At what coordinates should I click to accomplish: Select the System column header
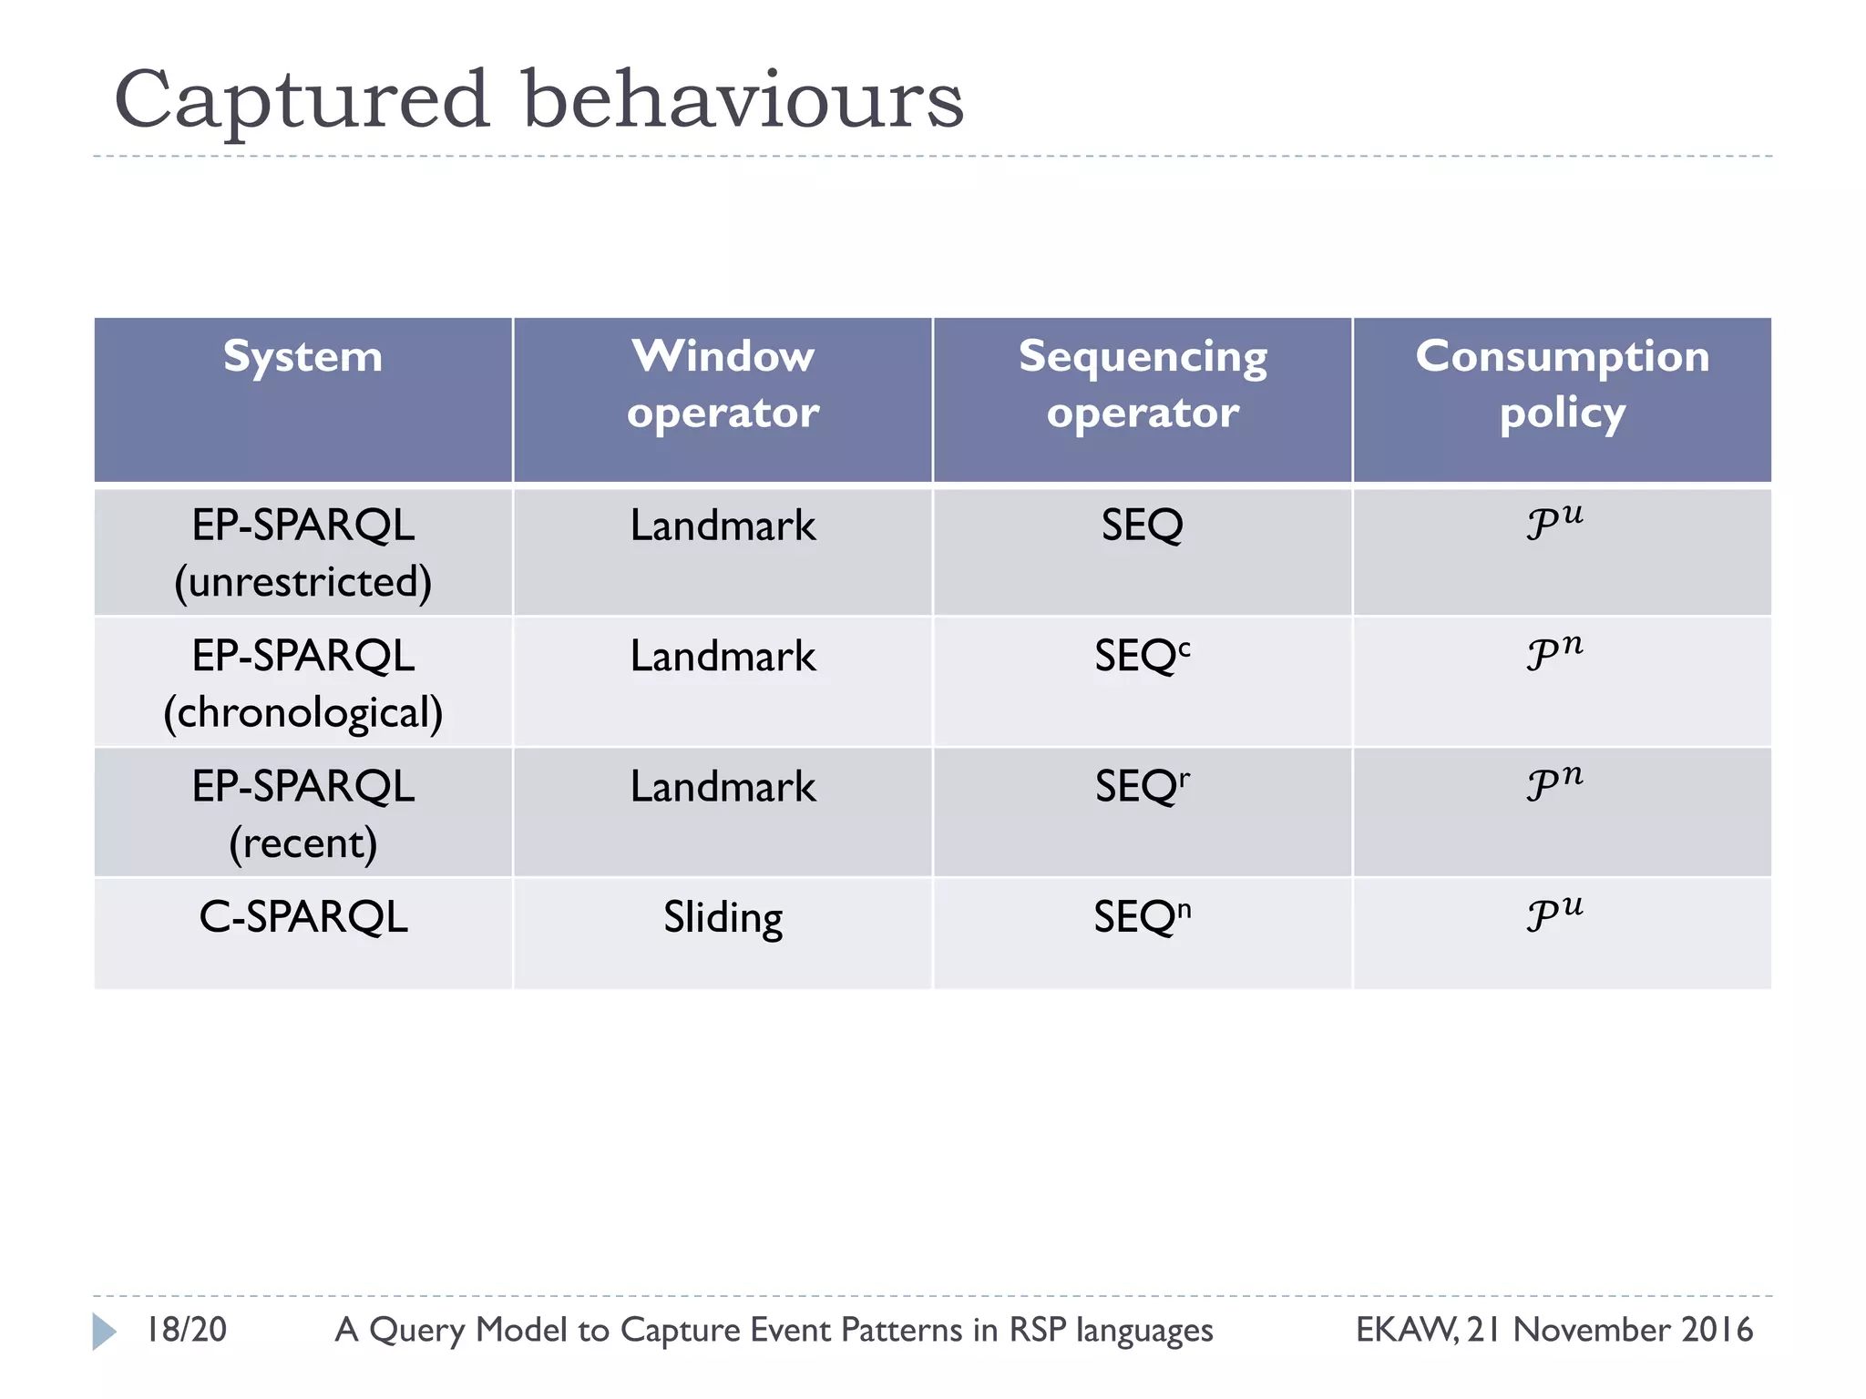(302, 356)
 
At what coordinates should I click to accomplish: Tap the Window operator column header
(723, 383)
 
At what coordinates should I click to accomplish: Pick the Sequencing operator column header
(1143, 383)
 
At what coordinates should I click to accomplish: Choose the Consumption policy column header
(1562, 383)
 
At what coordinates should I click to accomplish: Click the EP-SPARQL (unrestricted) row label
(302, 553)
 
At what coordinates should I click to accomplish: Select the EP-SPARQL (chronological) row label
(302, 683)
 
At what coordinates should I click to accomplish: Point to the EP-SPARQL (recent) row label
(302, 813)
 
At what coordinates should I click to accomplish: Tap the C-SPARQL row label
(302, 917)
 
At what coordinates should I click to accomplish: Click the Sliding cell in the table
(723, 917)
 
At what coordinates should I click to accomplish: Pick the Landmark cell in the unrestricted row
(723, 526)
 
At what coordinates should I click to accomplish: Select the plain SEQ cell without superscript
(1143, 526)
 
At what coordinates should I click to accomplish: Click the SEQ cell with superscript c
(1143, 657)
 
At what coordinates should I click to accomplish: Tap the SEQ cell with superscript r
(1143, 787)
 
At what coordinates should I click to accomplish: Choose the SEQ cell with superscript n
(1143, 917)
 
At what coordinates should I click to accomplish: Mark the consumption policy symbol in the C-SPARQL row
(1554, 914)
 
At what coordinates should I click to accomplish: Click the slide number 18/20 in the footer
(187, 1330)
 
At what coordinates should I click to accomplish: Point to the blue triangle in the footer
(104, 1332)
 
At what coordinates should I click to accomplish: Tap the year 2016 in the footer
(1717, 1330)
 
